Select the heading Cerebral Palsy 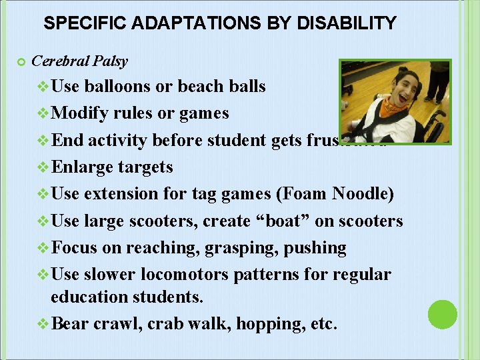tap(80, 61)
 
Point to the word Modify tap(79, 113)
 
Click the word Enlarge tap(84, 167)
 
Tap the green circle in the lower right tap(442, 314)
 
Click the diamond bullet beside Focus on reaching tap(43, 248)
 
